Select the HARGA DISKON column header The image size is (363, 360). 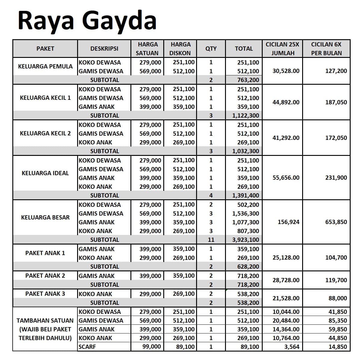click(x=180, y=49)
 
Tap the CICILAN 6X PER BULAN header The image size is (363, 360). click(x=326, y=49)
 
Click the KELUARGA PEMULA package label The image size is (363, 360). click(x=45, y=66)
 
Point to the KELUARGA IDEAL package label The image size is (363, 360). click(x=45, y=173)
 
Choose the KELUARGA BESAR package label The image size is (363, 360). click(x=45, y=217)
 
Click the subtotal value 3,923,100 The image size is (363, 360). click(x=245, y=240)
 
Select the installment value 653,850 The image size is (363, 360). click(x=336, y=222)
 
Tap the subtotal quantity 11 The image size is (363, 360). click(x=211, y=240)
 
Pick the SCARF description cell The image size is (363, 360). click(x=87, y=347)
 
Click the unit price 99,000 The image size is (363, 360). click(x=152, y=347)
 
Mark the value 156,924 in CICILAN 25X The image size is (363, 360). click(x=288, y=222)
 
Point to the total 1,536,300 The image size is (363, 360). click(x=246, y=213)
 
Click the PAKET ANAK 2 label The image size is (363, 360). click(x=45, y=276)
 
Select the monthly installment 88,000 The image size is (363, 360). click(x=337, y=298)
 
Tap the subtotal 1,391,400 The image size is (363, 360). click(x=245, y=195)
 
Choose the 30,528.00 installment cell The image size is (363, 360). click(x=286, y=71)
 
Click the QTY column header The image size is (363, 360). click(x=211, y=49)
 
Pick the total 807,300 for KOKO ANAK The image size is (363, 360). click(x=248, y=231)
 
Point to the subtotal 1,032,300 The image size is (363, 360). click(x=245, y=151)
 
